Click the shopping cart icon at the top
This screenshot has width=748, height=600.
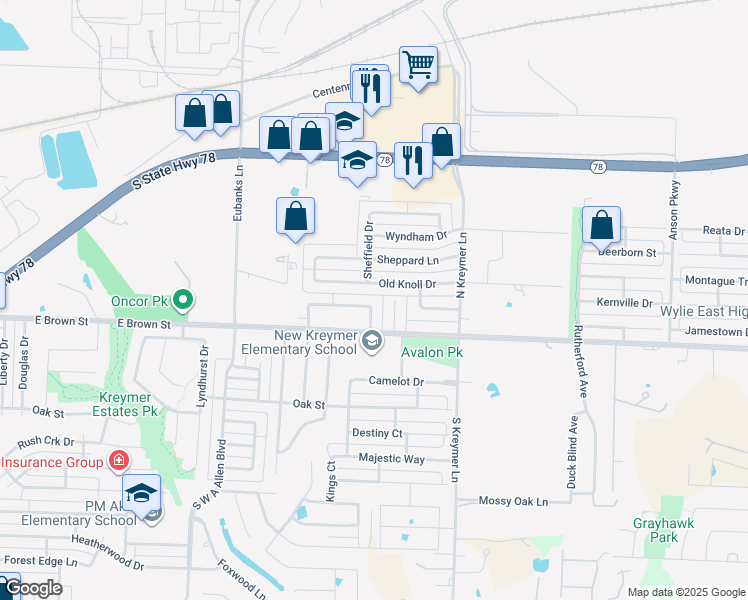pyautogui.click(x=419, y=65)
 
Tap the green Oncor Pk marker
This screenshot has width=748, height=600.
pyautogui.click(x=183, y=299)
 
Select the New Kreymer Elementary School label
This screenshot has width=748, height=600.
pyautogui.click(x=299, y=342)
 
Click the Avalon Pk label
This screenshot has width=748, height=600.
pyautogui.click(x=432, y=353)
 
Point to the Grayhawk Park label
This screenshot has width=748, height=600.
pyautogui.click(x=655, y=530)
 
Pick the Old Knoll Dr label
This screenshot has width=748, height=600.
pyautogui.click(x=408, y=284)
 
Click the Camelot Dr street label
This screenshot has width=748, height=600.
pyautogui.click(x=397, y=382)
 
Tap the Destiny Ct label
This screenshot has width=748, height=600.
pyautogui.click(x=377, y=433)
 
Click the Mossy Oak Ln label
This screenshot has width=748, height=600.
pyautogui.click(x=514, y=501)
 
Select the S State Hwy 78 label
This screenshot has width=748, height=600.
pyautogui.click(x=179, y=174)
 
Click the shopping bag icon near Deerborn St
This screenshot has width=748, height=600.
pyautogui.click(x=601, y=225)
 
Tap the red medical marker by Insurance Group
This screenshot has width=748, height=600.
pyautogui.click(x=118, y=461)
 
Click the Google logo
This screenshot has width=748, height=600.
pyautogui.click(x=32, y=589)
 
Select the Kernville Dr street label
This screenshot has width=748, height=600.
pyautogui.click(x=624, y=302)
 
